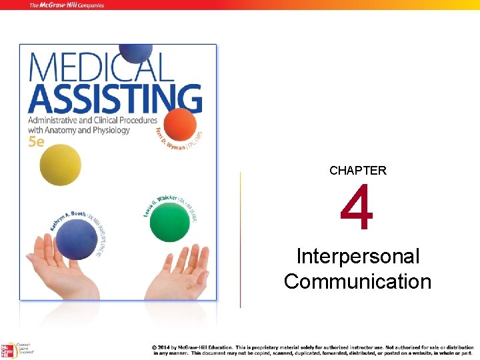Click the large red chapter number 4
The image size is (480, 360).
click(357, 210)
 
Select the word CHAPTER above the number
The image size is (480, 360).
click(358, 171)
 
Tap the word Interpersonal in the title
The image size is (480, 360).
click(358, 257)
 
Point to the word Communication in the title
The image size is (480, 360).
click(358, 281)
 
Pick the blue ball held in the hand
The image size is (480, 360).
click(77, 239)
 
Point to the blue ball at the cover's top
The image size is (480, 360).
click(135, 53)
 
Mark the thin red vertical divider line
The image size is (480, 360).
click(240, 240)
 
